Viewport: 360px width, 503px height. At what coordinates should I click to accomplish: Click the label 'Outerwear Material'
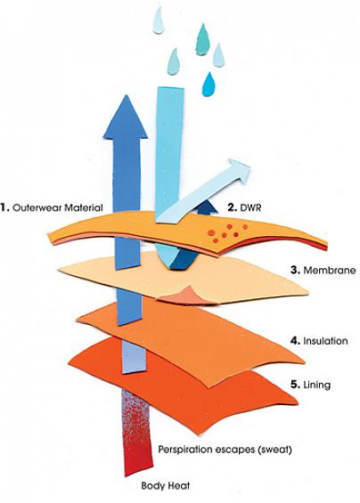(58, 207)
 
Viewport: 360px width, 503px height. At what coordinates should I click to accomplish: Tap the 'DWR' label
(250, 207)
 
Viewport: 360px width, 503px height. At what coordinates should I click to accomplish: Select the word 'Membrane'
(330, 270)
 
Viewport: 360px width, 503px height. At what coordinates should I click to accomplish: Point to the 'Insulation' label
(325, 340)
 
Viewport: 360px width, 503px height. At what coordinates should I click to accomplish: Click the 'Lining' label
(316, 385)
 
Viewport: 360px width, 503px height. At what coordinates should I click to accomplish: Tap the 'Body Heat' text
(166, 486)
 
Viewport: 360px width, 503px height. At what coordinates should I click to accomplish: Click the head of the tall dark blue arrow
(126, 118)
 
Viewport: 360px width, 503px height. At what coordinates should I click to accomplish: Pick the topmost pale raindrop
(159, 20)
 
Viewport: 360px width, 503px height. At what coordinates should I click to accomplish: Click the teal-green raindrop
(202, 39)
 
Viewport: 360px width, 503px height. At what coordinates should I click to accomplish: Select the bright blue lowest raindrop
(209, 85)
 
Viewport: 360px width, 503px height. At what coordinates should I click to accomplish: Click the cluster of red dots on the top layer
(227, 232)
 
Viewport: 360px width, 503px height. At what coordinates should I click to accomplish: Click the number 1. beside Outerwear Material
(4, 207)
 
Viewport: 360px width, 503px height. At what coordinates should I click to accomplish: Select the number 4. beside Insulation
(295, 340)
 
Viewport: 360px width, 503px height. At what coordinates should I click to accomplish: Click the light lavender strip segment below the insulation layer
(135, 357)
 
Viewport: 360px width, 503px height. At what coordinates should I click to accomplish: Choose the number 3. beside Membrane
(295, 270)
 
